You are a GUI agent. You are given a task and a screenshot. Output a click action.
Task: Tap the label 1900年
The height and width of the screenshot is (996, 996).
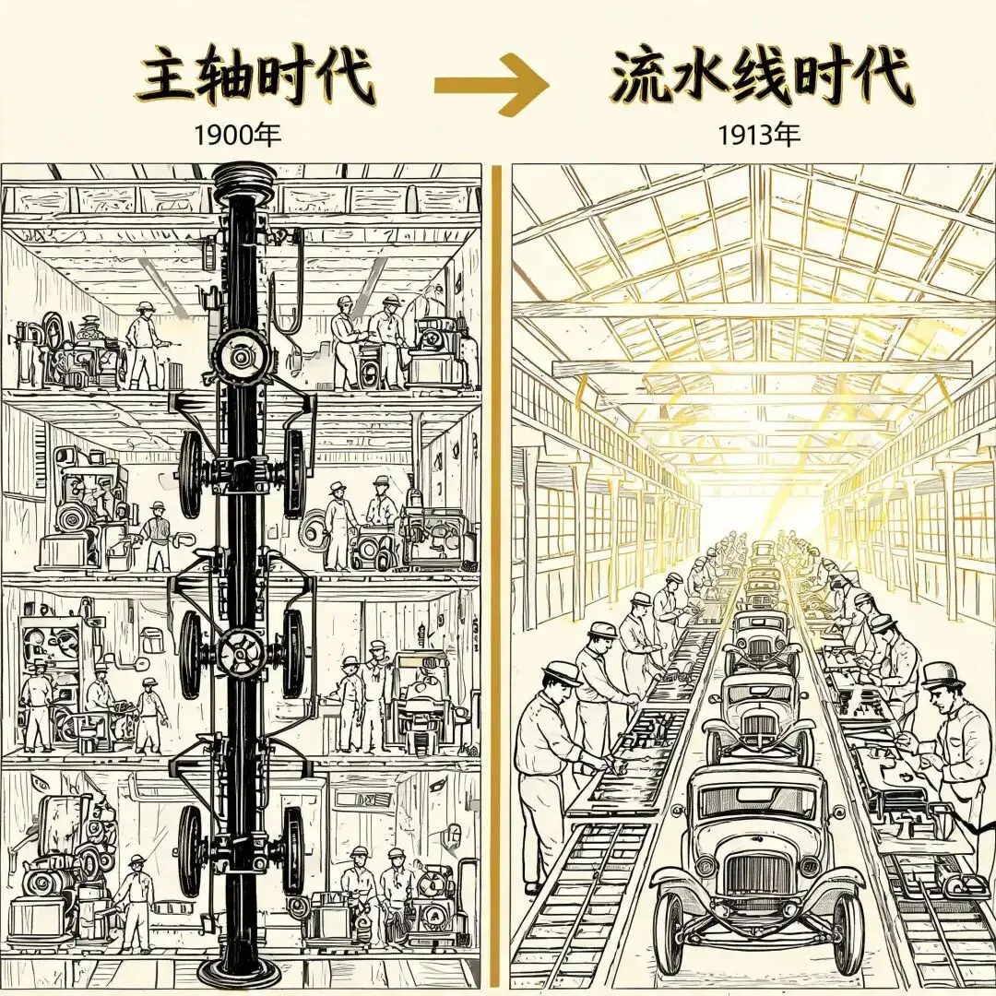(x=236, y=135)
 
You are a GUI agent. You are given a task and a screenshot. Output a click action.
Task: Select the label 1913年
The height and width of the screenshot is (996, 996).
(x=758, y=135)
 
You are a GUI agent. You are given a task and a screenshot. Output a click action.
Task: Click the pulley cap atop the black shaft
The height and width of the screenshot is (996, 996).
(x=244, y=179)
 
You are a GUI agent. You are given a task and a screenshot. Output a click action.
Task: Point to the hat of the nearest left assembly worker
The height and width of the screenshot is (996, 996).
(x=563, y=672)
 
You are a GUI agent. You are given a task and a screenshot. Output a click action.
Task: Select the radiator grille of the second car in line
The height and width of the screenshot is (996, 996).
(x=760, y=726)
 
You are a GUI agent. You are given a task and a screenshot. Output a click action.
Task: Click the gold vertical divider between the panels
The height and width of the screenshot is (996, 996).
(x=496, y=578)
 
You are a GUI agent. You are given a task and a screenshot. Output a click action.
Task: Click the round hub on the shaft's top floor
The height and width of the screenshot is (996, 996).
(x=239, y=357)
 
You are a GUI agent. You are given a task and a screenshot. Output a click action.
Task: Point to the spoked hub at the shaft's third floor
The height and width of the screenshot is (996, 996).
(x=241, y=653)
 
